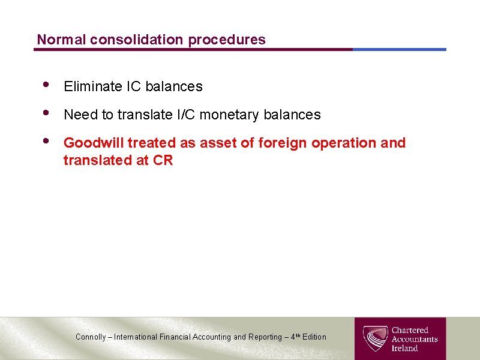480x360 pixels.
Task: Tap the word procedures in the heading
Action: coord(227,40)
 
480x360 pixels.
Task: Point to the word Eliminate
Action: coord(93,86)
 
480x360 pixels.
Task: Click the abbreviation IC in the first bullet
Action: coord(133,86)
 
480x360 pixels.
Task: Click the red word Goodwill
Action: coord(93,143)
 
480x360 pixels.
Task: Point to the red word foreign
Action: coord(280,143)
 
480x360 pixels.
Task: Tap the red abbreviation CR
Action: coord(163,160)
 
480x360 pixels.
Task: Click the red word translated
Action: coord(96,160)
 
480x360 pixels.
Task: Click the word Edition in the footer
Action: coord(314,337)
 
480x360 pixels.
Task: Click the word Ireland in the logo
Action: coord(405,348)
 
